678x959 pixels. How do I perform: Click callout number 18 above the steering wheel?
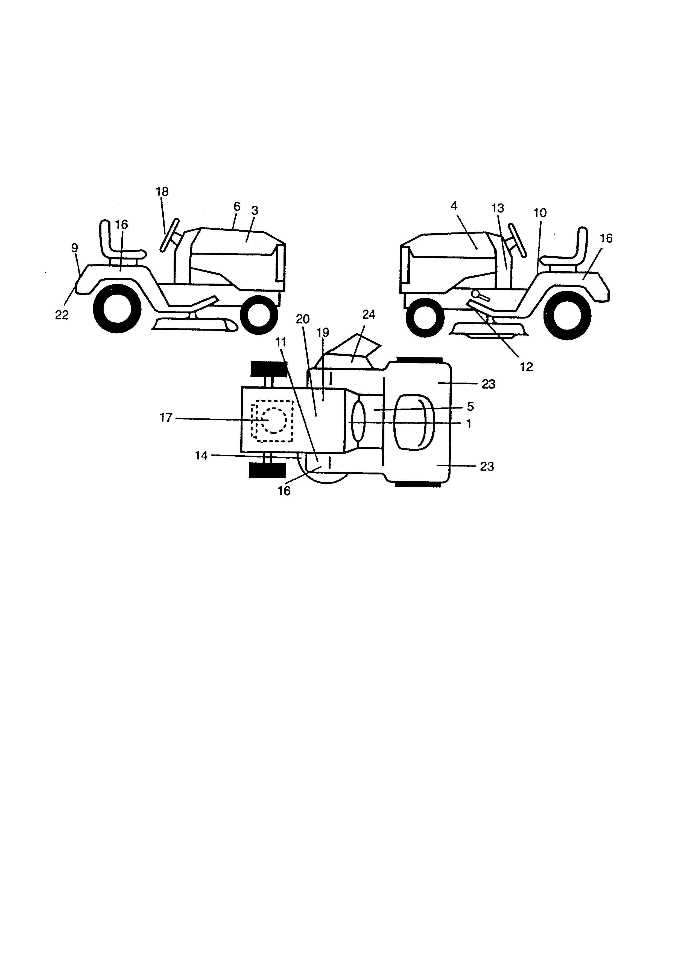(162, 192)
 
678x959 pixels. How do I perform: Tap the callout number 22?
(62, 315)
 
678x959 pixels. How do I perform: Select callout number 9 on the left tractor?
(74, 248)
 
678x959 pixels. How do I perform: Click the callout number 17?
(166, 417)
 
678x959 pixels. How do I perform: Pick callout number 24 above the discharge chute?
(369, 314)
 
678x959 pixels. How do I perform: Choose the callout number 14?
(201, 455)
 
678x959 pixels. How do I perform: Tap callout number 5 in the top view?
(470, 406)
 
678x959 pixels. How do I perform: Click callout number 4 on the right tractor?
(454, 206)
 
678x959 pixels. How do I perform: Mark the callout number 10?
(540, 213)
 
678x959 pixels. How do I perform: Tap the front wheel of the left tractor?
(259, 315)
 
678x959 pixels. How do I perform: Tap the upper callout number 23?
(488, 384)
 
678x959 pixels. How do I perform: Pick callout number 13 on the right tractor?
(498, 208)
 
